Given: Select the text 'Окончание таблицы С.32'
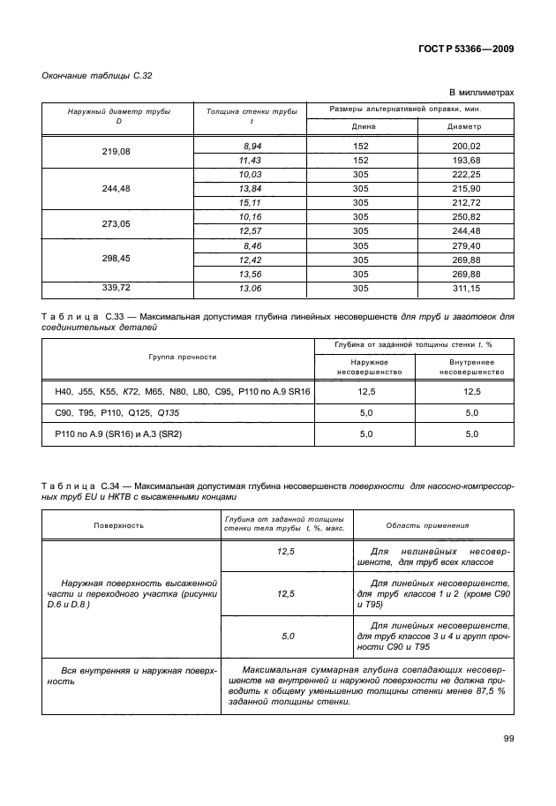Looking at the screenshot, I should (97, 76).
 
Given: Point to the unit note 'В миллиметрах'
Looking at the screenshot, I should (481, 93).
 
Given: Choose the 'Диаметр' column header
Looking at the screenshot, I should (464, 126).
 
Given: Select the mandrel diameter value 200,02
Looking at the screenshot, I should (464, 145).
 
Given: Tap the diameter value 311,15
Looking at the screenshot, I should (464, 288).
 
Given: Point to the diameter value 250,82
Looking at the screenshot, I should (464, 216).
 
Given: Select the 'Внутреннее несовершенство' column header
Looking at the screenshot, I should (464, 367).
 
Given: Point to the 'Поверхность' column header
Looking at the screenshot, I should (118, 525).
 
